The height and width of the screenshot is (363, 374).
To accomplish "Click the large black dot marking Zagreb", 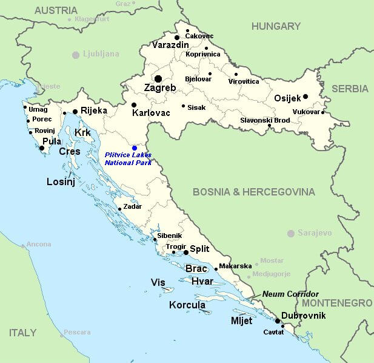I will point(158,79).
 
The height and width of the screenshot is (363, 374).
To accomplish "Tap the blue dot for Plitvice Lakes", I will point(135,148).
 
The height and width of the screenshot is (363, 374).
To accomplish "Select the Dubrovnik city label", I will point(303,316).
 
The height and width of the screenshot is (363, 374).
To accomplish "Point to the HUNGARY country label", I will point(276,27).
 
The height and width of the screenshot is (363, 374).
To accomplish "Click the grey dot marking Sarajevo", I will point(291,233).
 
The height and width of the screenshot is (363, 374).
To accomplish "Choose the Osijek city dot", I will point(306,97).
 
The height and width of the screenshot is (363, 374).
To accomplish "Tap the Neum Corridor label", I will point(290,294).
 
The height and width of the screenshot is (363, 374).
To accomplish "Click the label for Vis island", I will point(158,282).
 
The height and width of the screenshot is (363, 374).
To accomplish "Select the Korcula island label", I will point(187,305).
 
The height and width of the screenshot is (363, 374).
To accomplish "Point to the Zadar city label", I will point(132,206).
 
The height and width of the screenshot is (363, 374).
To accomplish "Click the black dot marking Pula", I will point(42,148).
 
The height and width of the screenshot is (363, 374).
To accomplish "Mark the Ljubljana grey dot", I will point(76,55).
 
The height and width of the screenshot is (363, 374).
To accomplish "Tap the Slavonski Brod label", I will point(265,120).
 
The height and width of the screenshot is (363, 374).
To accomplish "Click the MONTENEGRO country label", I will point(337,302).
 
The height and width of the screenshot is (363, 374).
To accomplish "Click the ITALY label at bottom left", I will point(22,333).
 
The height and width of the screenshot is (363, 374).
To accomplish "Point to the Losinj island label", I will point(61,181).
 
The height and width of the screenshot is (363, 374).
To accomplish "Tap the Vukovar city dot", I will point(323,112).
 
